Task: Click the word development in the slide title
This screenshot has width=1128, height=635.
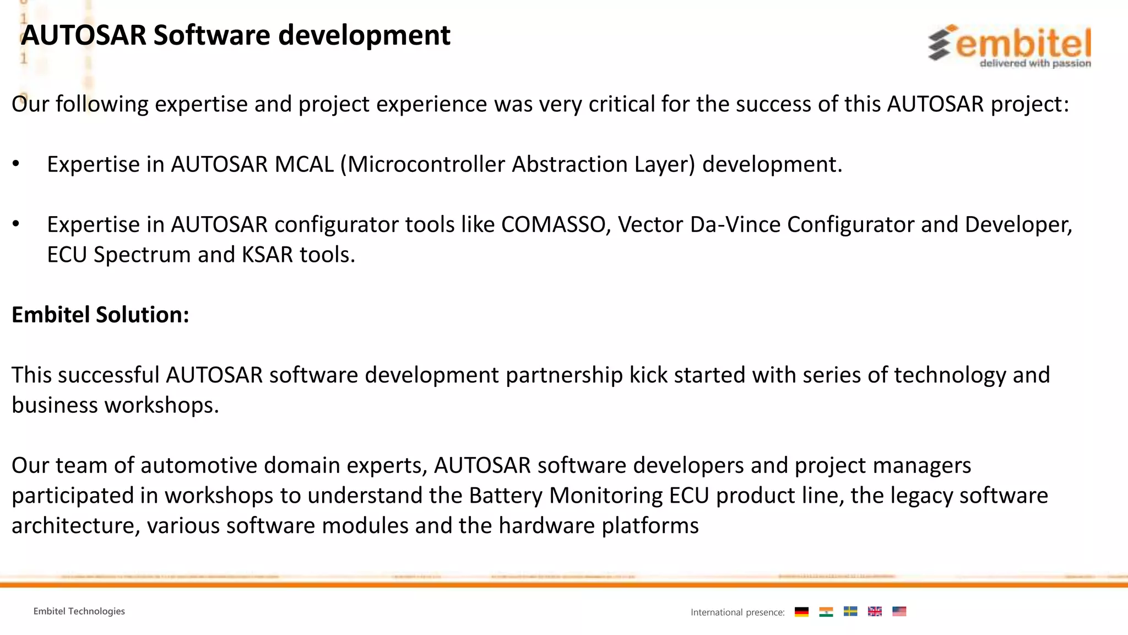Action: pyautogui.click(x=364, y=35)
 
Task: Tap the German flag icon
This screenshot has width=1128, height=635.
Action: pyautogui.click(x=801, y=611)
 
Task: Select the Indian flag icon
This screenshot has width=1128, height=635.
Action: pyautogui.click(x=826, y=611)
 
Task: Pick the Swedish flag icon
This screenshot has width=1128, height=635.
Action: pyautogui.click(x=850, y=611)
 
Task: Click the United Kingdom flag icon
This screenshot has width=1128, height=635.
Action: pyautogui.click(x=875, y=611)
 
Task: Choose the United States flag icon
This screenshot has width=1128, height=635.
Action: pyautogui.click(x=899, y=611)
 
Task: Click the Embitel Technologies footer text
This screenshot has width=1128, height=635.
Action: pyautogui.click(x=79, y=611)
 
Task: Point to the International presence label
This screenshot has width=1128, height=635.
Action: pyautogui.click(x=737, y=612)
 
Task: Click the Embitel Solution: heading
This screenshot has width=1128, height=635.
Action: pyautogui.click(x=100, y=315)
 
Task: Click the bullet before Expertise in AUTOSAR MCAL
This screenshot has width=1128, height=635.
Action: pyautogui.click(x=16, y=164)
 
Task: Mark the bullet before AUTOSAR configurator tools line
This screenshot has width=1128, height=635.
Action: pyautogui.click(x=16, y=224)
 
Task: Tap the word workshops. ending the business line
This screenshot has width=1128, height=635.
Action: pyautogui.click(x=162, y=406)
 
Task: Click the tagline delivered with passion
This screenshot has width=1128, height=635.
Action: pyautogui.click(x=1035, y=63)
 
